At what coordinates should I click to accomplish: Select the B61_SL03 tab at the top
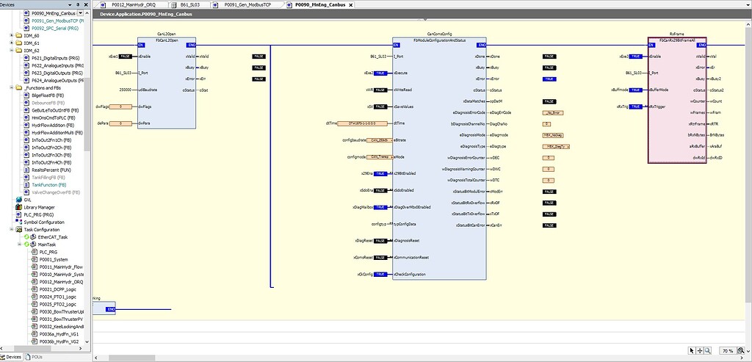(x=190, y=4)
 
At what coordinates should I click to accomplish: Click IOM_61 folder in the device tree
(x=31, y=43)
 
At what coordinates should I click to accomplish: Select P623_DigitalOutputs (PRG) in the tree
(x=57, y=73)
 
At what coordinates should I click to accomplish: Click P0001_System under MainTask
(x=54, y=259)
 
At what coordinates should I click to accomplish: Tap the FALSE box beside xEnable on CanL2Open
(x=126, y=56)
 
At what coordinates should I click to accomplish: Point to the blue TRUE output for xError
(x=549, y=78)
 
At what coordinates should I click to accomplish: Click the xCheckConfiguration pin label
(x=419, y=274)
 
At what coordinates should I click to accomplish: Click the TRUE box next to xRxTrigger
(x=636, y=106)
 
